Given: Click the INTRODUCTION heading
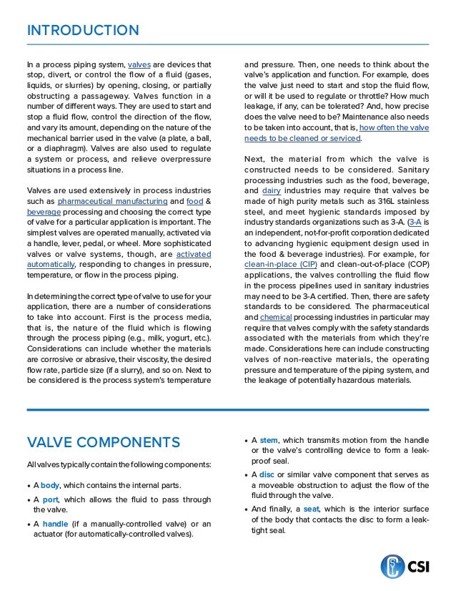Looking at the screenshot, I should pyautogui.click(x=83, y=30).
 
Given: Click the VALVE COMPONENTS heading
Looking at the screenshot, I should pyautogui.click(x=103, y=441).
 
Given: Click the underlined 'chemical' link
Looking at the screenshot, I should pyautogui.click(x=277, y=316).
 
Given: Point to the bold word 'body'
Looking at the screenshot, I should pyautogui.click(x=50, y=485).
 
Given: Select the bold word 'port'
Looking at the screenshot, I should pyautogui.click(x=49, y=499).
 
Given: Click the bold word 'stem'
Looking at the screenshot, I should pyautogui.click(x=269, y=439).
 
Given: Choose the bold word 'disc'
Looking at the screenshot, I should pyautogui.click(x=267, y=474).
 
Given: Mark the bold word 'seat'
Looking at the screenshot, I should pyautogui.click(x=311, y=509).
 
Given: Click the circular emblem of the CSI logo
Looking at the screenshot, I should pyautogui.click(x=392, y=567).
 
